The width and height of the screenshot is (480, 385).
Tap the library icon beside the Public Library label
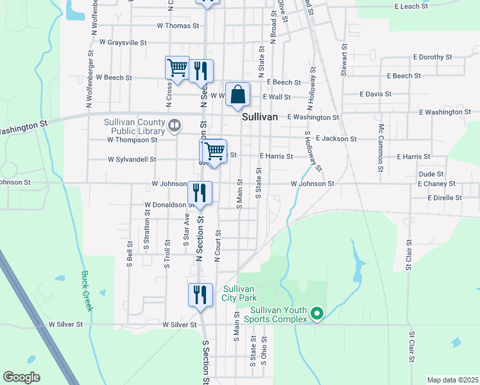coord(174,124)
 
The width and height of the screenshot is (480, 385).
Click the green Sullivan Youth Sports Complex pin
coord(316,314)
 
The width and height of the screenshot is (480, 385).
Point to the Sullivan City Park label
coord(240,293)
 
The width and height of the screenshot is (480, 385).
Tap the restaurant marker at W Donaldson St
coord(200,193)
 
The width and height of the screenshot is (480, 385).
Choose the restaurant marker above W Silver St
coord(200,295)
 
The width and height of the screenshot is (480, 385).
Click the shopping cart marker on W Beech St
coord(177,68)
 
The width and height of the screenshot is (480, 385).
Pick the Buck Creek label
coord(87,291)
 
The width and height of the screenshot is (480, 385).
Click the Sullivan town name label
coord(260,117)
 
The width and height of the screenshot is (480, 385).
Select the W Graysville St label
coord(123,42)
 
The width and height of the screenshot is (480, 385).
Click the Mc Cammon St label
coord(381,142)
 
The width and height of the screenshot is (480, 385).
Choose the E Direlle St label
coord(444,198)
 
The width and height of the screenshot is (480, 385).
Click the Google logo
coord(21,377)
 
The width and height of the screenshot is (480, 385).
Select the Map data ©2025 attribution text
coord(452,380)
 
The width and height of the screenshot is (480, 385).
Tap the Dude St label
coord(431,174)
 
